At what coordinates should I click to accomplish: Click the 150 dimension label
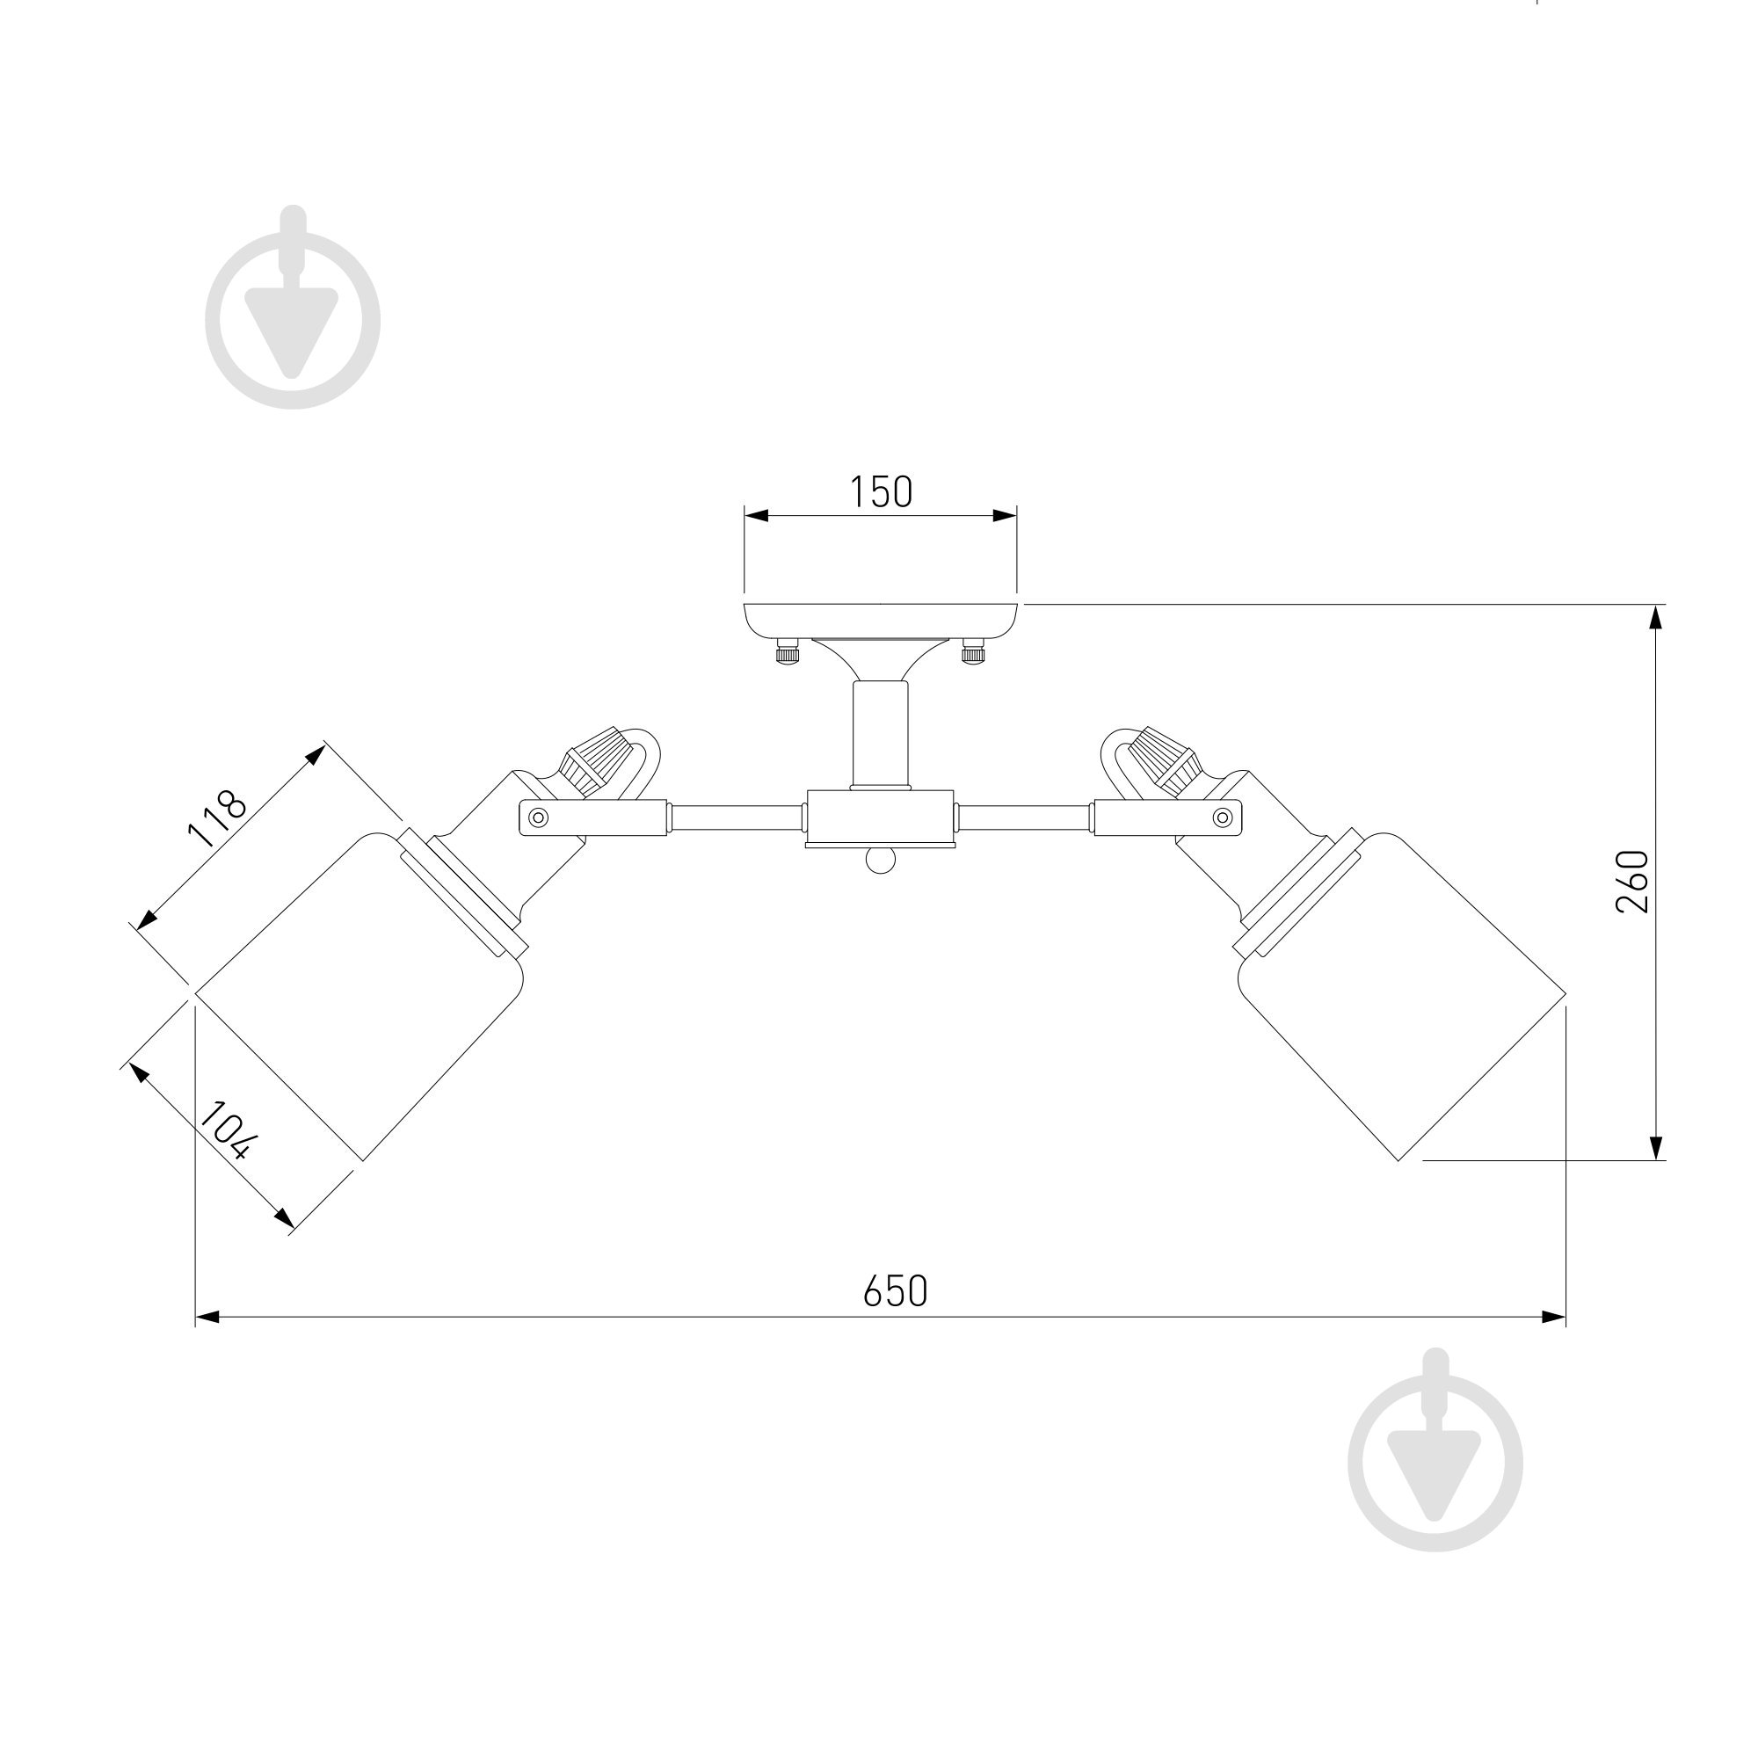881,492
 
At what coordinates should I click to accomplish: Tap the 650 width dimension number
896,1291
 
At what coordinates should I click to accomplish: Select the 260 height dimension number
1632,882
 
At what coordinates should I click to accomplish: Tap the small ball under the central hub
880,860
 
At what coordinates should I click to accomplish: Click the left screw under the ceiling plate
787,652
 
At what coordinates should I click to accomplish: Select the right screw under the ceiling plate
974,652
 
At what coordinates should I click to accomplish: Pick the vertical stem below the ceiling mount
880,735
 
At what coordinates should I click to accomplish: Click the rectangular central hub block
880,818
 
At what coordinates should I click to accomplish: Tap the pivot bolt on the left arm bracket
539,817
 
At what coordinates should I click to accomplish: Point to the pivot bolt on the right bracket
1223,817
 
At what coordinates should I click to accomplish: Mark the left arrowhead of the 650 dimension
208,1317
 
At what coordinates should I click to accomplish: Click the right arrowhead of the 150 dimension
1005,516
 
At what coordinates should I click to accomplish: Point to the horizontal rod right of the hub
1026,817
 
